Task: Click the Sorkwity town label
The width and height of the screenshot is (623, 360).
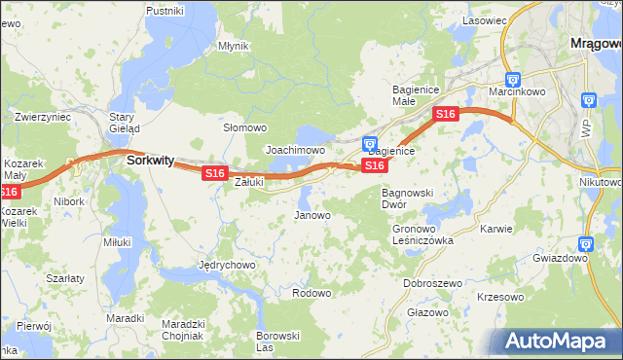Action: click(x=150, y=162)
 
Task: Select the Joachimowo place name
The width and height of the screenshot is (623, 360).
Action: click(x=295, y=151)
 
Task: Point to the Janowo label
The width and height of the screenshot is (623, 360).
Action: click(x=312, y=215)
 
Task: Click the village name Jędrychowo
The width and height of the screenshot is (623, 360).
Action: click(x=226, y=265)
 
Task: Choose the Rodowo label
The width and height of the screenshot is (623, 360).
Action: click(x=311, y=293)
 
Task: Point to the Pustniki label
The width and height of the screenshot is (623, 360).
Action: click(x=165, y=11)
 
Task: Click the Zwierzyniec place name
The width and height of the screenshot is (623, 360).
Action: click(x=43, y=116)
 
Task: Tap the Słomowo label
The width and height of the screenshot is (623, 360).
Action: click(x=245, y=127)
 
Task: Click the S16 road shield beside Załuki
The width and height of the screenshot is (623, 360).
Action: click(x=214, y=173)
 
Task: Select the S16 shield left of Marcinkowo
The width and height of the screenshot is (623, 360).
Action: click(x=445, y=115)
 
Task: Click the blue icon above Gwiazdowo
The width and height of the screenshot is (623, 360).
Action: click(x=585, y=244)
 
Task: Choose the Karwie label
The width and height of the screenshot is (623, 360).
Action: click(x=496, y=229)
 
